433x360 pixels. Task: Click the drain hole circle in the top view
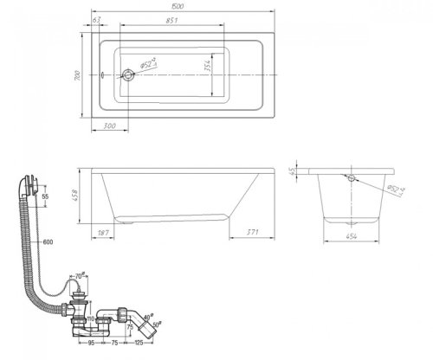[x=129, y=75]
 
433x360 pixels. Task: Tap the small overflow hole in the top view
[x=103, y=75]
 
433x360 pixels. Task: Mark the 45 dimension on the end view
[x=295, y=170]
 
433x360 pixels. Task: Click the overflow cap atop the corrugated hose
[x=28, y=183]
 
